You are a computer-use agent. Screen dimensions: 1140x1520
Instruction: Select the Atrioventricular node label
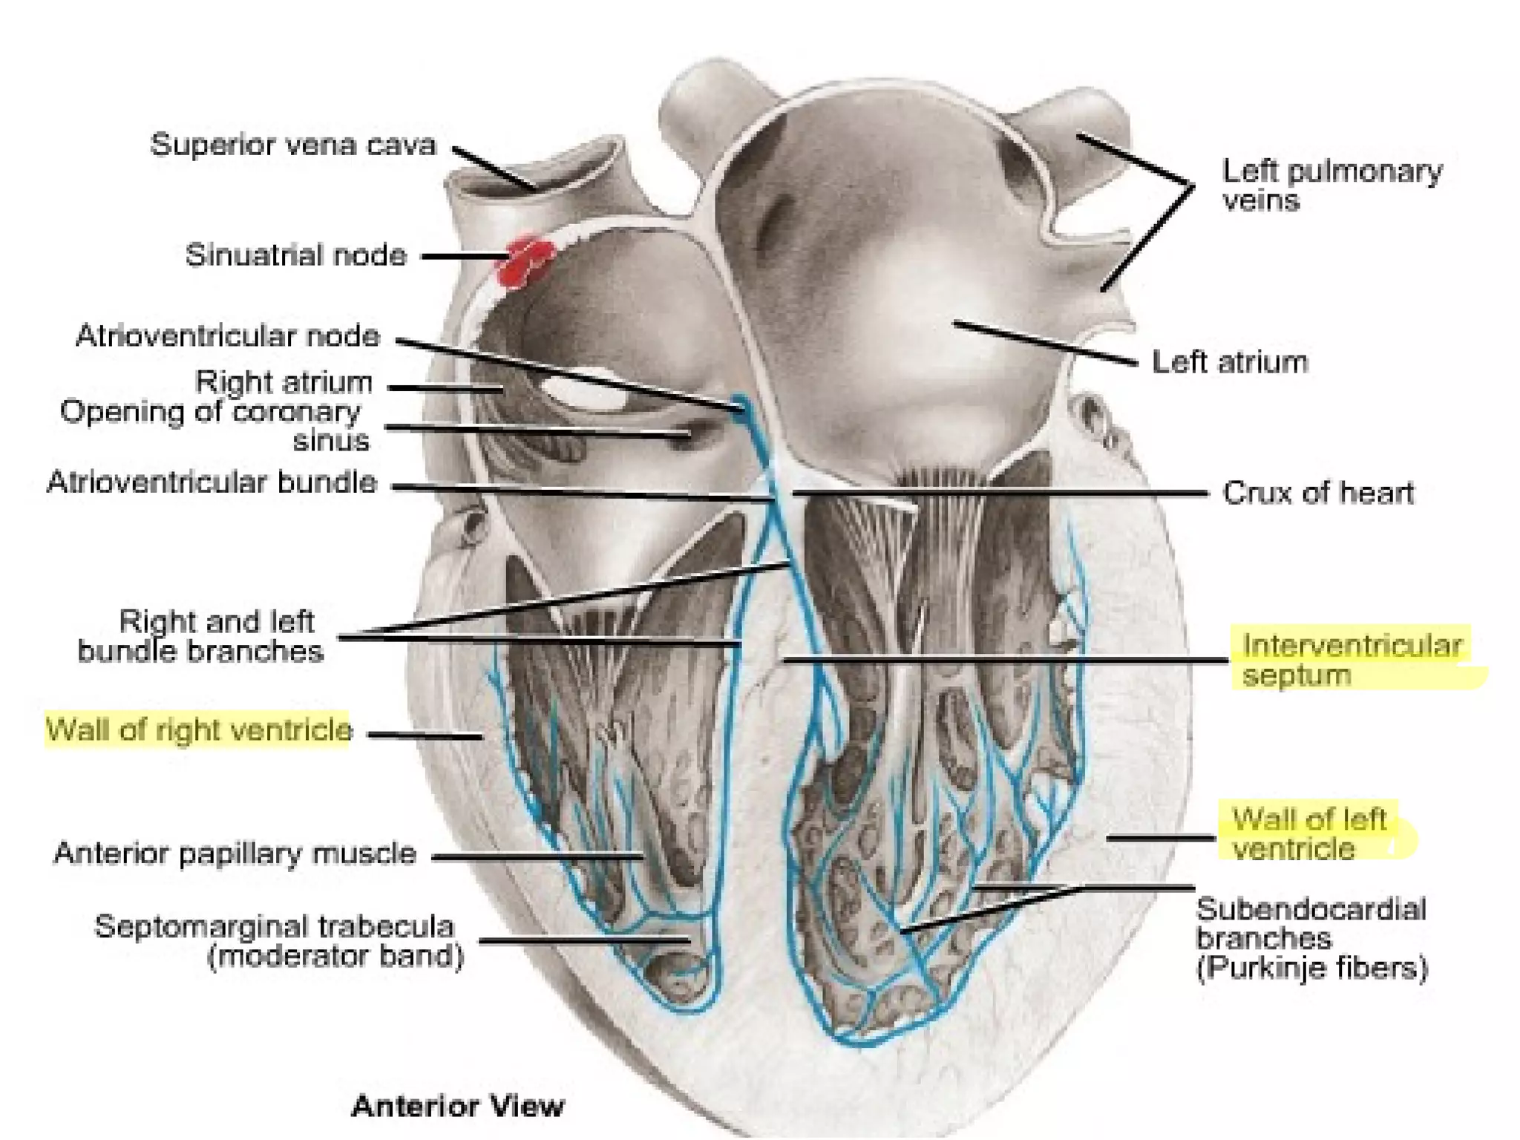[x=227, y=336]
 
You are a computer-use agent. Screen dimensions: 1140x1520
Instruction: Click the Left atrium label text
[x=1229, y=363]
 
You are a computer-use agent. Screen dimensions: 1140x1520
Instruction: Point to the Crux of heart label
[x=1318, y=493]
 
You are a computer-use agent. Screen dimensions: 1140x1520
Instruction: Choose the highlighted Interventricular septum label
[x=1351, y=661]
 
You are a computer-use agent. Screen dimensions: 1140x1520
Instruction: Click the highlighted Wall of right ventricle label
[x=198, y=730]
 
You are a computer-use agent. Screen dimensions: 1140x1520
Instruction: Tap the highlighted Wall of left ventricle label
[x=1308, y=834]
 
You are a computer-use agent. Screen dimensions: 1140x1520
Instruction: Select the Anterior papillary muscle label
[x=235, y=854]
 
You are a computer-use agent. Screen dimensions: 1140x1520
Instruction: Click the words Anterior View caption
[x=457, y=1106]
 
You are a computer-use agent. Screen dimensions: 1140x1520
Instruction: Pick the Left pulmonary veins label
[x=1331, y=186]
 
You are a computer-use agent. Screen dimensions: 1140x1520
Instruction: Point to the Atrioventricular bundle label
[x=212, y=483]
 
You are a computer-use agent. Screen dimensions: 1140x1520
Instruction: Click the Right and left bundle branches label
[x=200, y=636]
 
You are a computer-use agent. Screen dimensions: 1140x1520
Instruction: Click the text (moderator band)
[x=335, y=956]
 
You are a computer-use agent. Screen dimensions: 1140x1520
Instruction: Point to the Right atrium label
[x=284, y=383]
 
